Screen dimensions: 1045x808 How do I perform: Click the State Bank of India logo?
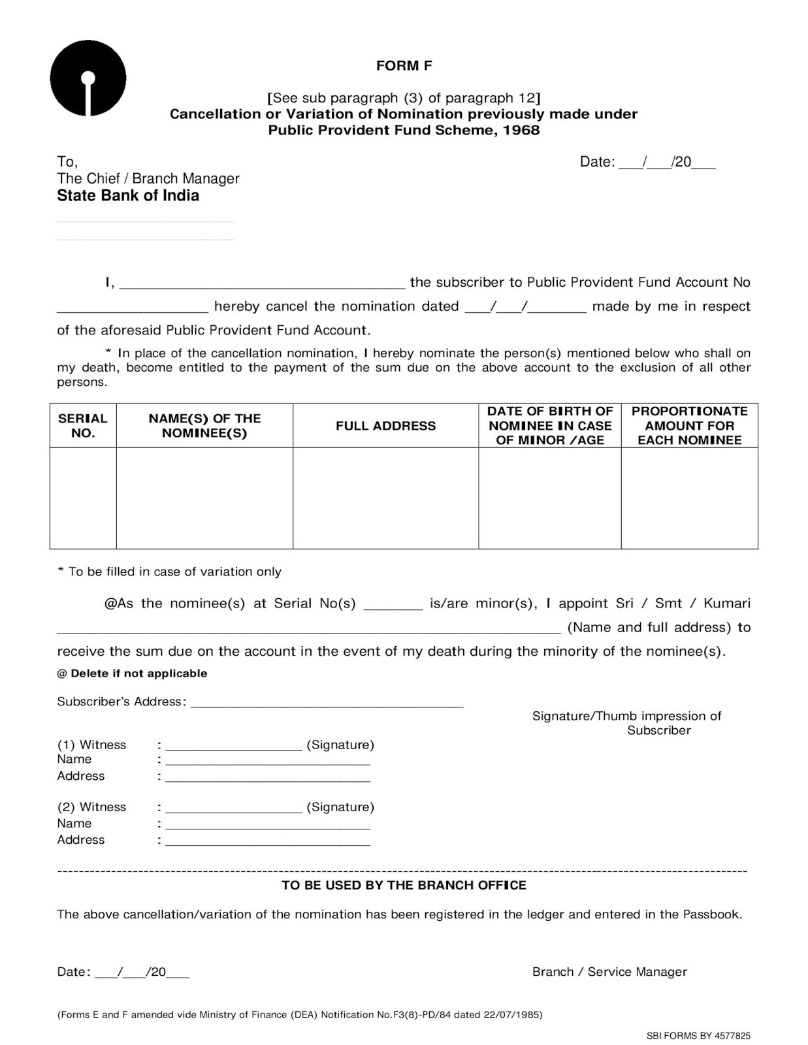88,79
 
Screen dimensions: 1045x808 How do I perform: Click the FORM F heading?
404,65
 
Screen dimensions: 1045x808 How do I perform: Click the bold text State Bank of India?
128,196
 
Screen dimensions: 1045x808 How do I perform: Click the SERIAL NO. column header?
83,425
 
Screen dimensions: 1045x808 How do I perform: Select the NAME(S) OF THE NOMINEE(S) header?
204,425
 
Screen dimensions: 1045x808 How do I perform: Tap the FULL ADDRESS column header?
385,426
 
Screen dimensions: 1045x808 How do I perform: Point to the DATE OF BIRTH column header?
549,425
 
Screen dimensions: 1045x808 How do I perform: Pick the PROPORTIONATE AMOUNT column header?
689,425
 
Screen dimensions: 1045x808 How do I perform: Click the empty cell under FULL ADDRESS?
385,498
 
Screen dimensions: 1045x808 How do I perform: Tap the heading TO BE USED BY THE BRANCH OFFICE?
404,885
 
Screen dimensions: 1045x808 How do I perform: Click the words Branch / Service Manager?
609,972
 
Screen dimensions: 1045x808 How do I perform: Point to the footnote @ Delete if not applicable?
132,673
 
